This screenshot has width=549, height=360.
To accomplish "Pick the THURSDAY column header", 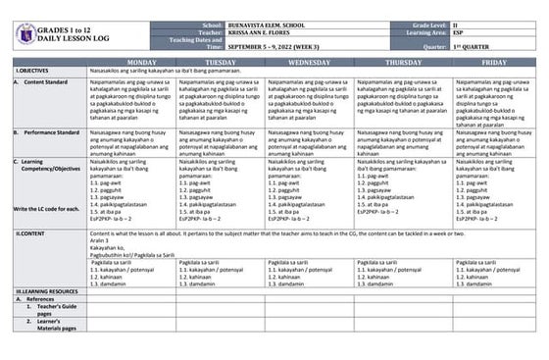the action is pyautogui.click(x=400, y=62).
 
